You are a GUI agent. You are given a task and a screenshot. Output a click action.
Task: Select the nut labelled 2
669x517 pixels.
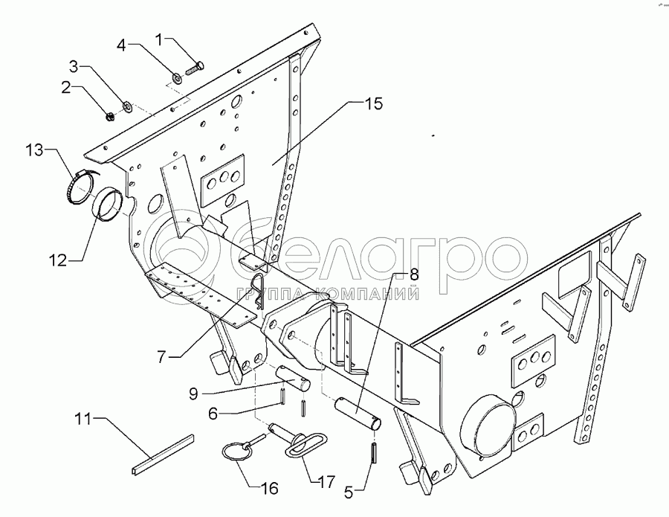(x=109, y=115)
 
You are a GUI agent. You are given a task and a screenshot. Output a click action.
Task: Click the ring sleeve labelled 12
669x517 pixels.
(x=109, y=203)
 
